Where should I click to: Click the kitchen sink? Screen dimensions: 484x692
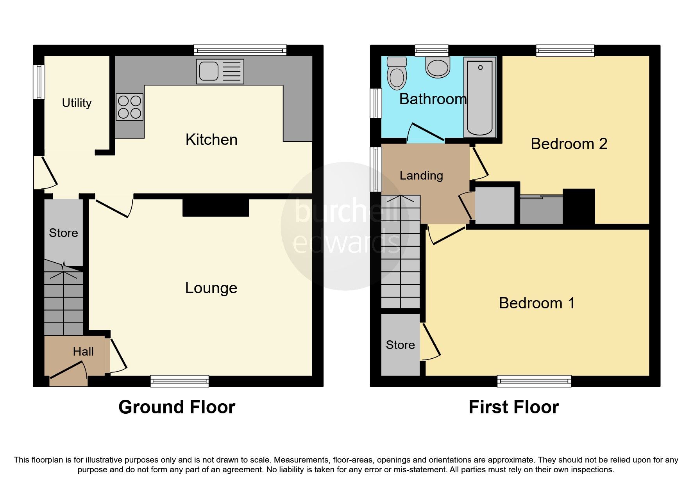pos(220,71)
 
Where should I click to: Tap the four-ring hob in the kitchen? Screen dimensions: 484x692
pos(129,107)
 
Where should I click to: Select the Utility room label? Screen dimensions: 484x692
pos(77,103)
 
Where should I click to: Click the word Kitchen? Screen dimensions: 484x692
pos(211,140)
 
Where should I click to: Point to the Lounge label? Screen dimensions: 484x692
pos(211,288)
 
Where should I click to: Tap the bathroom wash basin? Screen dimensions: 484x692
pos(438,67)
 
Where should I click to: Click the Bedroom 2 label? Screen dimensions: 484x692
pos(569,144)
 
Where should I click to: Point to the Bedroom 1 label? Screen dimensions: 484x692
pos(536,303)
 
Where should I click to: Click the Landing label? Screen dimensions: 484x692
pos(421,176)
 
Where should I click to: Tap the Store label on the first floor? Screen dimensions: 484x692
pos(400,345)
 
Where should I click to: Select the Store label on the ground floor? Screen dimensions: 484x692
pos(63,233)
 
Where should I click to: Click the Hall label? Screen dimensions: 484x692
pos(83,352)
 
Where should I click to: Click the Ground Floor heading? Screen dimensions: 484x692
pos(177,407)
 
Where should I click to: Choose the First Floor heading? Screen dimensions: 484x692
pos(513,407)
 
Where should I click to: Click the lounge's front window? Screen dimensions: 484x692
pos(179,381)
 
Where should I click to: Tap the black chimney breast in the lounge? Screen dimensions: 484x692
pos(216,207)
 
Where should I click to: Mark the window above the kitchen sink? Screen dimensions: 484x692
pos(240,50)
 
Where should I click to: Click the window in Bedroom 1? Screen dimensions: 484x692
pos(534,381)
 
